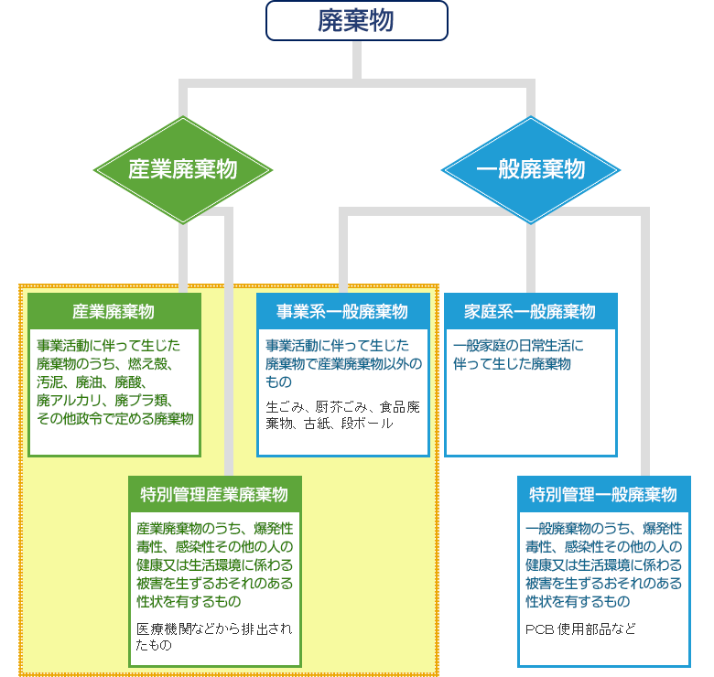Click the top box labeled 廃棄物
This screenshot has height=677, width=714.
pos(356,21)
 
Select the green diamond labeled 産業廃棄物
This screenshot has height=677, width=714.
pos(183,170)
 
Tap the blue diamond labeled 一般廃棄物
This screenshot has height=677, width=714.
pos(531,170)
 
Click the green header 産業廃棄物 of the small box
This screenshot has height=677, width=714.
pos(114,311)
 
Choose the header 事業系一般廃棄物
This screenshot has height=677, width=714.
pos(342,311)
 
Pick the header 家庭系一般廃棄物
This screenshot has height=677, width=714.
pos(530,311)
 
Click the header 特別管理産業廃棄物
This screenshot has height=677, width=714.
pos(214,495)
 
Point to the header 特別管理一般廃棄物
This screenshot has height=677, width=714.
pos(603,495)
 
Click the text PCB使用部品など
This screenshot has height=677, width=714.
pos(580,629)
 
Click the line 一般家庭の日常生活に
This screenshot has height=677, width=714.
pos(518,346)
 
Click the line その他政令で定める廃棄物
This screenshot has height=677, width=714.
pos(114,419)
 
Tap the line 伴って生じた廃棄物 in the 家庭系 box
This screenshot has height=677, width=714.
pos(512,364)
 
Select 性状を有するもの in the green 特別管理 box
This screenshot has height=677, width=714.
pos(189,601)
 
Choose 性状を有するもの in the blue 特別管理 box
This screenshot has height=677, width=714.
pos(578,601)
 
